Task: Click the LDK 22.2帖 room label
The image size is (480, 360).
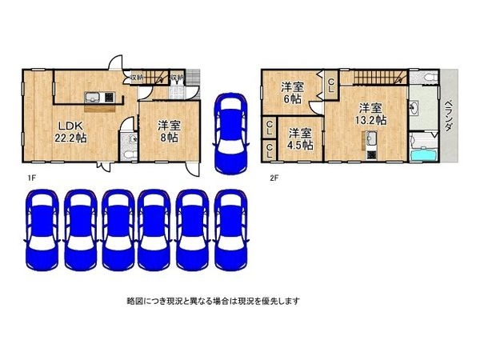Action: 70,130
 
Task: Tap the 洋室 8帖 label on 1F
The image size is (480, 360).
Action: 167,130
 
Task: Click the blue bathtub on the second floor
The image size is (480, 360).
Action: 421,152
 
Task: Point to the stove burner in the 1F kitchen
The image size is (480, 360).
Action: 109,98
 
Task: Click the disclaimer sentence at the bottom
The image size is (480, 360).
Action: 212,301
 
